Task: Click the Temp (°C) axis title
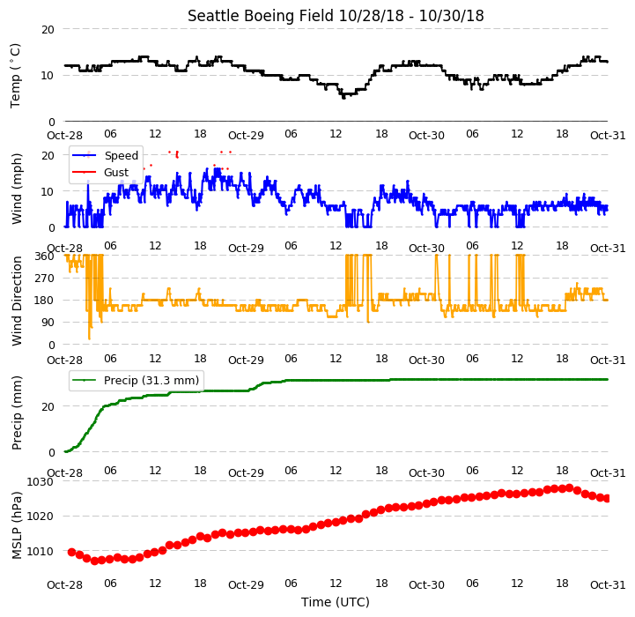[15, 76]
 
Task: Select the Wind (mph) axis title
[16, 189]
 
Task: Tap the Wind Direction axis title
[16, 301]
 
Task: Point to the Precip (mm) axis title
[16, 413]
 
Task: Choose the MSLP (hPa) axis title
[16, 525]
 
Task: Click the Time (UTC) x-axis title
[336, 602]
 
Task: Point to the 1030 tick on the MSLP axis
[41, 481]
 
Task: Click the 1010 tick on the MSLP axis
[41, 551]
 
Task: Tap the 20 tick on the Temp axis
[48, 30]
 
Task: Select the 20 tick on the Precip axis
[48, 406]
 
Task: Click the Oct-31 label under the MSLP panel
[608, 585]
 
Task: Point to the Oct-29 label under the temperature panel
[246, 136]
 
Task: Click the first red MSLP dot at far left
[71, 552]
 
